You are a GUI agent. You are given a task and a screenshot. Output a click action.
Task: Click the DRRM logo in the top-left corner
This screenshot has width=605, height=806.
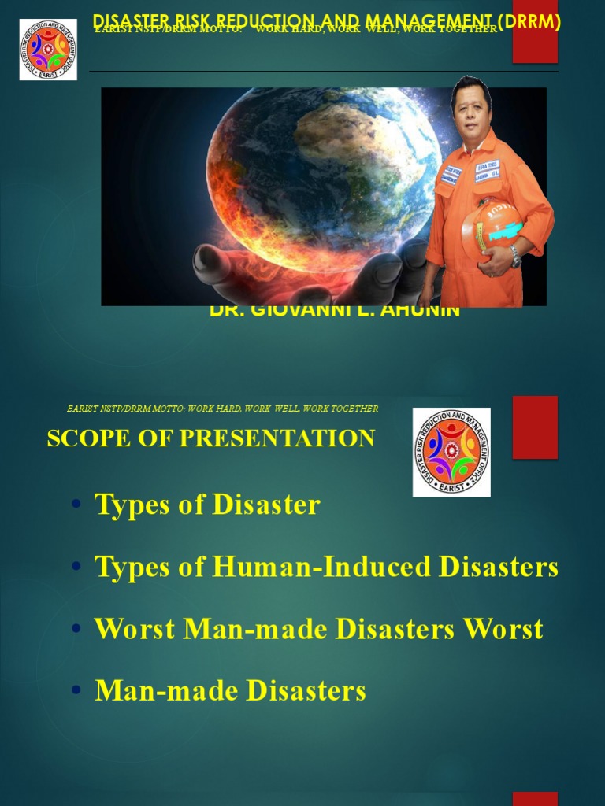(x=48, y=50)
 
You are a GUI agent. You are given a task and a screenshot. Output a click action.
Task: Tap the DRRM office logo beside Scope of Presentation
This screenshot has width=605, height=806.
(x=451, y=452)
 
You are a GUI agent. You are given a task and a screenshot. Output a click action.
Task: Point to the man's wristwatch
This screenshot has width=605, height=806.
(x=515, y=255)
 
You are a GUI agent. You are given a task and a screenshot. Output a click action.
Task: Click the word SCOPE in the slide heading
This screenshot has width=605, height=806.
(x=84, y=438)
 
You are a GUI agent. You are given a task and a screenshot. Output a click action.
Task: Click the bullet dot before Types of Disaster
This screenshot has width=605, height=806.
(x=76, y=505)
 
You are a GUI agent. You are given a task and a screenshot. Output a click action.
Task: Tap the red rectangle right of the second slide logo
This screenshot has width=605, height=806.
(x=535, y=427)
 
